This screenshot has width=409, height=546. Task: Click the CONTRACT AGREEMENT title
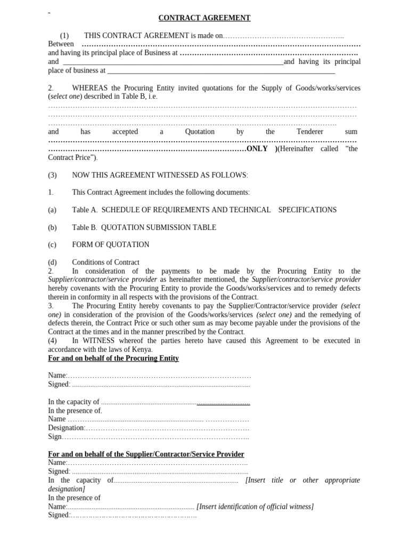tap(204, 18)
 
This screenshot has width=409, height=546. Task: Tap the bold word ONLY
tap(257, 149)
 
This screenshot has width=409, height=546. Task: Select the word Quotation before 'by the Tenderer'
tap(200, 132)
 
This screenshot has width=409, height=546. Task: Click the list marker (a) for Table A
tap(52, 210)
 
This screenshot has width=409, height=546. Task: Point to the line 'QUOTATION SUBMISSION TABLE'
tap(157, 228)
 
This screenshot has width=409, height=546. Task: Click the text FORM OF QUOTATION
tap(111, 245)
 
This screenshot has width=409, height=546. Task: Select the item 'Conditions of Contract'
tap(105, 262)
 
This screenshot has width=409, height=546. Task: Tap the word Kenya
tap(141, 349)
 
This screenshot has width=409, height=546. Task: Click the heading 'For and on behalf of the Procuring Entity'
tap(113, 358)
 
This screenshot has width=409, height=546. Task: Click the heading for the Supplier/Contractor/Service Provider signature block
tap(146, 454)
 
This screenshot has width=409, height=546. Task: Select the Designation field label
tap(66, 428)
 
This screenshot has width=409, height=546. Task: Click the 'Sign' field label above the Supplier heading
tap(55, 437)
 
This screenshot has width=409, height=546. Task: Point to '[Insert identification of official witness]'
tap(255, 507)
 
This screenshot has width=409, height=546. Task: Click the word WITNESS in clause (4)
tap(99, 341)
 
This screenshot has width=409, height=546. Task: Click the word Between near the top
tap(61, 44)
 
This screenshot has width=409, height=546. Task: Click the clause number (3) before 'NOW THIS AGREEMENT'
tap(52, 175)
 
